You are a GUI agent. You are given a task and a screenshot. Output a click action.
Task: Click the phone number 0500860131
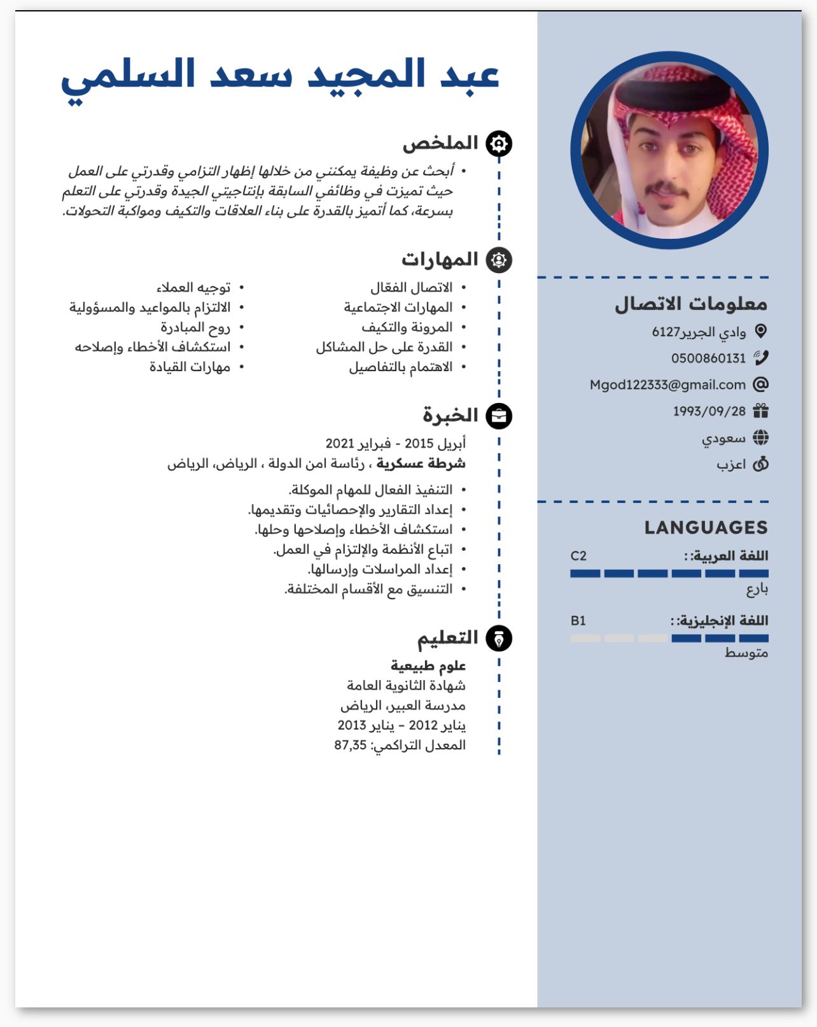(x=708, y=358)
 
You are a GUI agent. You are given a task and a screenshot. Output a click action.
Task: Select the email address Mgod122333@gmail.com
(x=667, y=385)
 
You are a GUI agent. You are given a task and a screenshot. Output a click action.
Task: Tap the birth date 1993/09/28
(x=709, y=411)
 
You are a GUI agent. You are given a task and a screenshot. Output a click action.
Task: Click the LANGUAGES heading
(x=706, y=527)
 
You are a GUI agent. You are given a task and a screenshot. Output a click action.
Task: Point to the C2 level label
(x=578, y=556)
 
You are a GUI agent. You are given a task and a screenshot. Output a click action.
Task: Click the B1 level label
(x=578, y=621)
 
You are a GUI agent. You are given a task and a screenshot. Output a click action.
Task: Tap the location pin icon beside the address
(x=760, y=331)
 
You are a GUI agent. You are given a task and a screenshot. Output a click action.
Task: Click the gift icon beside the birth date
(x=760, y=411)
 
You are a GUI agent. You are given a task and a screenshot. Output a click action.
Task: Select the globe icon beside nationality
(x=760, y=437)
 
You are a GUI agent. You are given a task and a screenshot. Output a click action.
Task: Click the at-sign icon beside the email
(x=760, y=384)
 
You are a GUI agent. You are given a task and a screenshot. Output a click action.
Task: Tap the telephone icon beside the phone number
(x=760, y=358)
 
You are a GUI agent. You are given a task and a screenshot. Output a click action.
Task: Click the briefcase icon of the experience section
(x=499, y=416)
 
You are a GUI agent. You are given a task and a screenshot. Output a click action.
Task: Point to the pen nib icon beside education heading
(x=499, y=639)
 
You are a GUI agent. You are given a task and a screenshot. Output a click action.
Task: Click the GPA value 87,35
(x=351, y=745)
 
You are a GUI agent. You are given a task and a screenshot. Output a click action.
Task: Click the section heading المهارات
(x=440, y=260)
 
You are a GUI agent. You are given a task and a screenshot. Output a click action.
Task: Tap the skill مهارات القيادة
(x=190, y=367)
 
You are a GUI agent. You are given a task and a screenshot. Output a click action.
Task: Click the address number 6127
(x=666, y=332)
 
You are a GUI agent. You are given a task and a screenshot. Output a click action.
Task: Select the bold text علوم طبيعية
(x=428, y=666)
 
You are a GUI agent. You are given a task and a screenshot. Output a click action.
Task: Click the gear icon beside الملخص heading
(x=499, y=144)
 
